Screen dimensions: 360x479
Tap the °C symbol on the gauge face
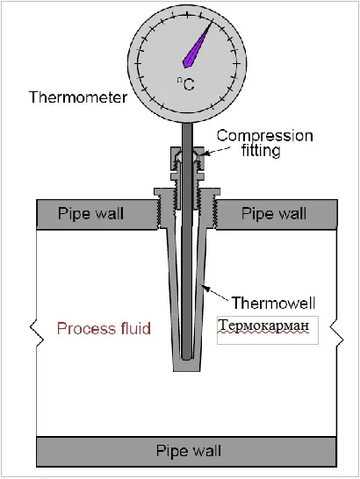point(186,84)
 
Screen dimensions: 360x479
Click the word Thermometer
point(78,97)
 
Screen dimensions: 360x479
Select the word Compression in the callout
point(265,137)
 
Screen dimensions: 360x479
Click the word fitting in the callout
point(261,150)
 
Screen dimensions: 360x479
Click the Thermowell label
point(273,303)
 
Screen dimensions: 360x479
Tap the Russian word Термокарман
point(264,326)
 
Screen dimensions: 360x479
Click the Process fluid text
point(104,329)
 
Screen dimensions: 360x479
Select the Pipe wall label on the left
point(90,213)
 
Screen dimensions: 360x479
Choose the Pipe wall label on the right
point(274,213)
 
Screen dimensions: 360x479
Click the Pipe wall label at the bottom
point(189,451)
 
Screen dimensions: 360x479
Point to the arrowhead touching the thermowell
point(204,288)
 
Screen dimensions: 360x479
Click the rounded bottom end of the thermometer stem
point(186,356)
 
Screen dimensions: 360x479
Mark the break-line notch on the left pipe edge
point(37,333)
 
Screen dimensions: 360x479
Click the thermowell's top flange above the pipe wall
point(187,191)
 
